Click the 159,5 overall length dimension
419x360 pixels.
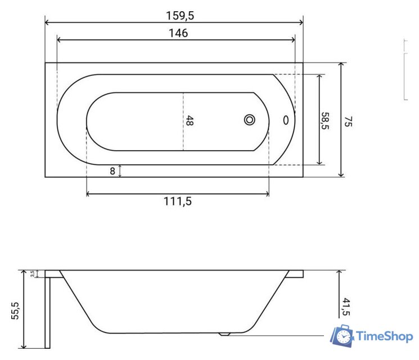point(180,16)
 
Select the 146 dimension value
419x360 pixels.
point(178,33)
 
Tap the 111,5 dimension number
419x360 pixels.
point(177,201)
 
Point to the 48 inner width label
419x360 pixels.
point(190,120)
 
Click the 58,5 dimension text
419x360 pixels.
point(325,121)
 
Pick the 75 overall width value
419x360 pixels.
point(348,121)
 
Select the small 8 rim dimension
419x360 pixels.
point(112,171)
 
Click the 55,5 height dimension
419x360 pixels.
point(15,310)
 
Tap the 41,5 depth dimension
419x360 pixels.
point(346,307)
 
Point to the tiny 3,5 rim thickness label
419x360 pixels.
point(32,274)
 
